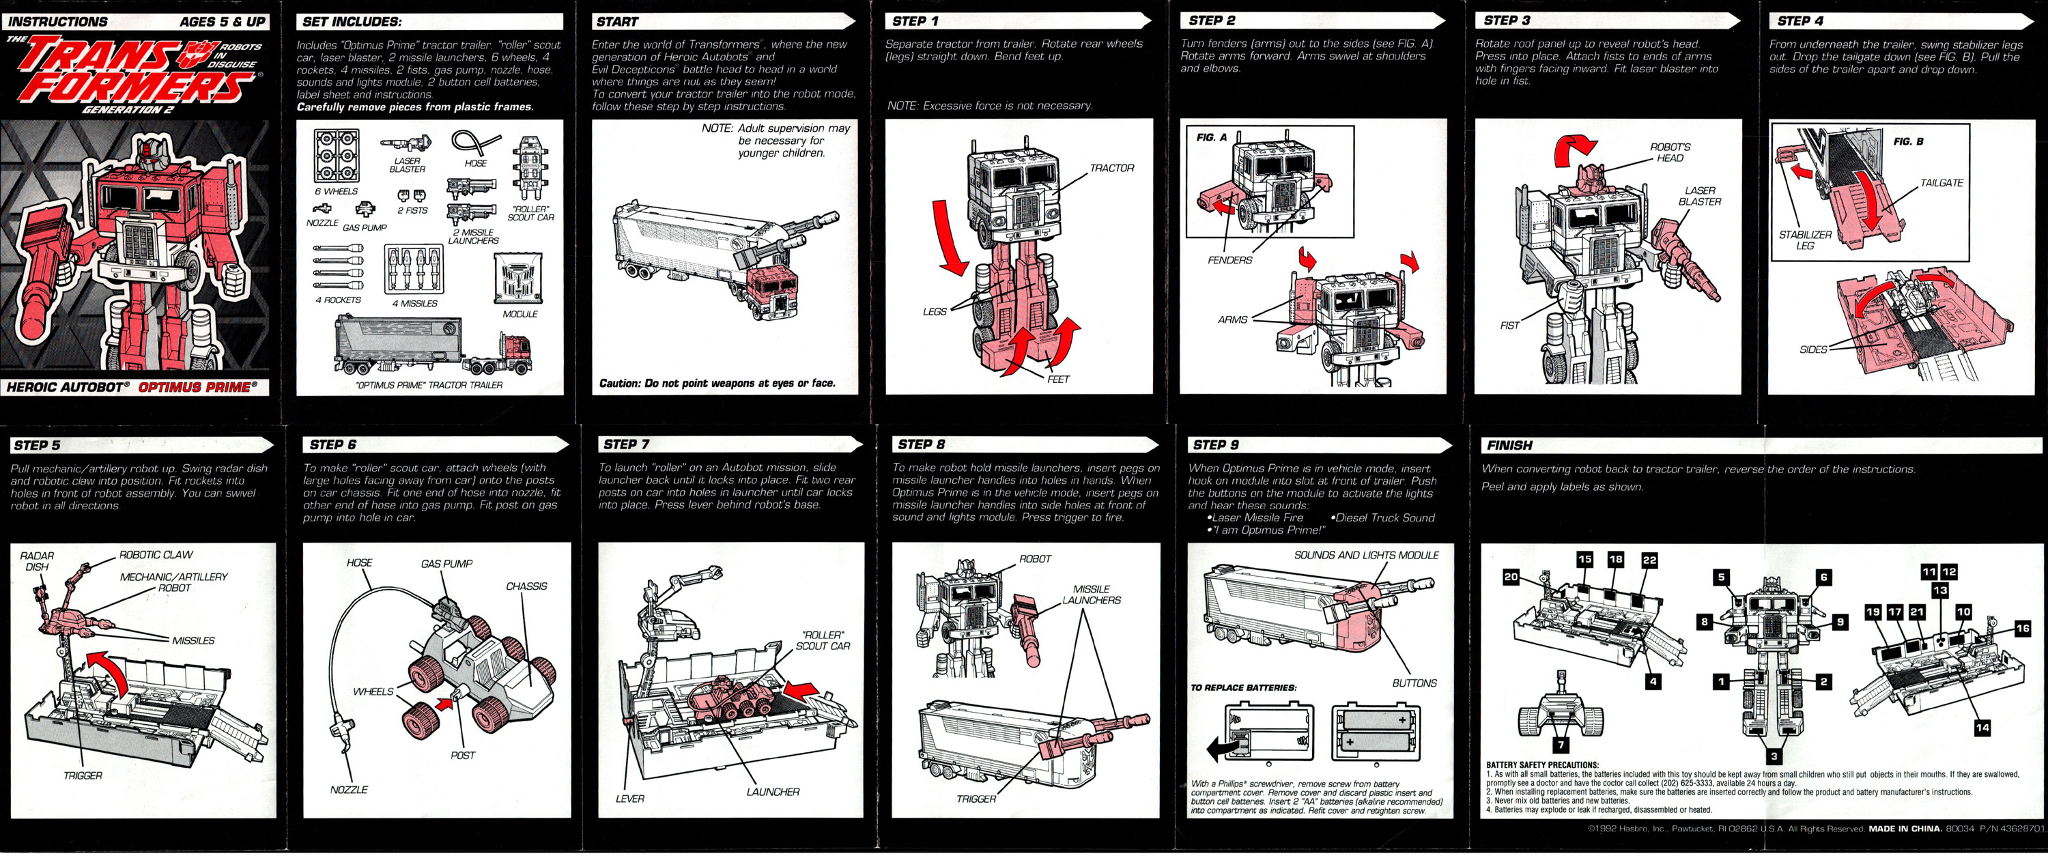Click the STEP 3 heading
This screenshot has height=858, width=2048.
[1507, 20]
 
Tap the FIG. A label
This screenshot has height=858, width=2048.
[1212, 138]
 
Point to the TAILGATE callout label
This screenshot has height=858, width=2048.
[1941, 183]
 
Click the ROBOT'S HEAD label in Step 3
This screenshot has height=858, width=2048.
[1670, 153]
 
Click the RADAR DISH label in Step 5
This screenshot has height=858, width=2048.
[37, 561]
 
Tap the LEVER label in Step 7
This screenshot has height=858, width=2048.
[629, 799]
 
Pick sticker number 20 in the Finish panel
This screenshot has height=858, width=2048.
[1511, 577]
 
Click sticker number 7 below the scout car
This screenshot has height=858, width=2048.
[1561, 745]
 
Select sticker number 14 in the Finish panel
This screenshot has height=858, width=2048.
[1982, 727]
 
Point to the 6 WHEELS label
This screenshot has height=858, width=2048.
[337, 192]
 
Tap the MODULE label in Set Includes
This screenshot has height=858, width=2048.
[520, 314]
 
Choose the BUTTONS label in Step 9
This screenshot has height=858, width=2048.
[1414, 683]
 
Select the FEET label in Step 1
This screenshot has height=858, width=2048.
[1058, 380]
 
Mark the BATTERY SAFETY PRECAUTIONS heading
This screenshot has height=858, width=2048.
[1541, 765]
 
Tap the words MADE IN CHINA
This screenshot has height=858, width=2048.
[1904, 829]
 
